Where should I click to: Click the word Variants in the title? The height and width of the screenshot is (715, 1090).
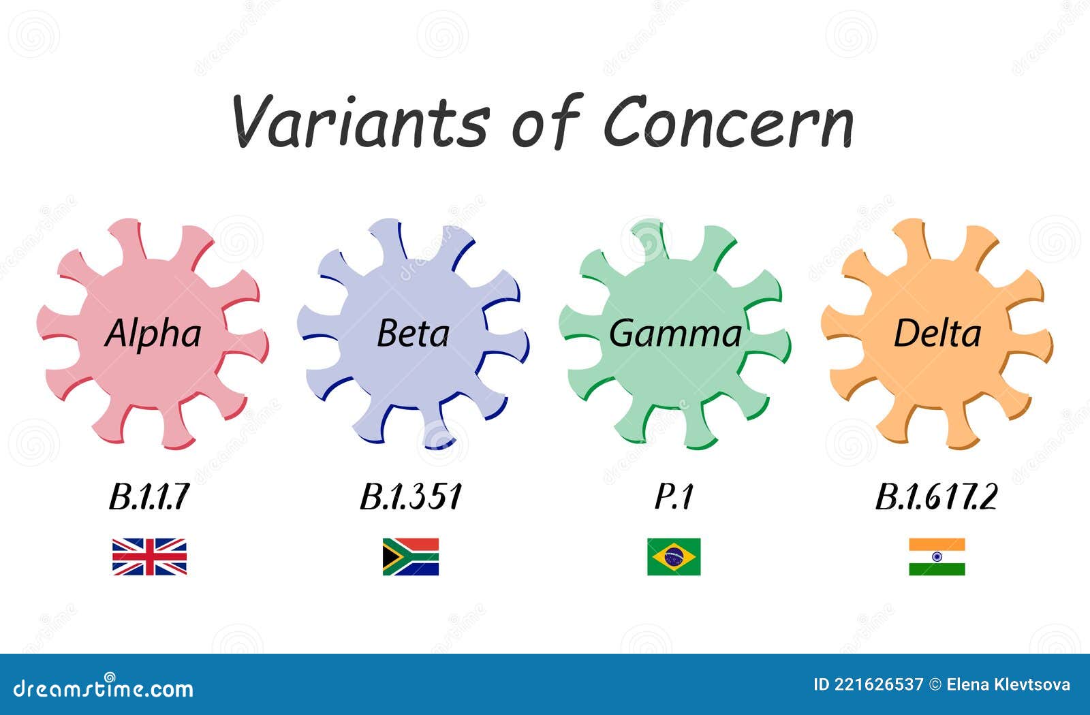[361, 121]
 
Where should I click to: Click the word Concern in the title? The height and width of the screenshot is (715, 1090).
[728, 121]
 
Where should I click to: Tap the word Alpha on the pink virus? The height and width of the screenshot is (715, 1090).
[153, 334]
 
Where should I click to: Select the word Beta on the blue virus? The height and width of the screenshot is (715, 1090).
[413, 334]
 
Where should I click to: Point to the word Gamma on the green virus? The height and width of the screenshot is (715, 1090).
[675, 334]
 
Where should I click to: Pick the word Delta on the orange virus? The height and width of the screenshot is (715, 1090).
[937, 334]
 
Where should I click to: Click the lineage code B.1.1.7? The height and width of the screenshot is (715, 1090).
[149, 496]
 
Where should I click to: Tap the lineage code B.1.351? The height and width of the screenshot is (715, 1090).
[411, 496]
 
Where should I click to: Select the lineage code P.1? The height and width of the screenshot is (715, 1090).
[674, 496]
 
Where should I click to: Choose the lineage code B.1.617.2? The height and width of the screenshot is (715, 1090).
[937, 496]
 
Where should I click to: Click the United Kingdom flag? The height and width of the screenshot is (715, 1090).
[149, 557]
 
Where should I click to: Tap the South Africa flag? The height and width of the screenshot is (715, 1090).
[411, 557]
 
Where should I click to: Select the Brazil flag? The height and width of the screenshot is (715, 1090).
[674, 557]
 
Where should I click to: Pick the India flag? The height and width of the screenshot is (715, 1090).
[937, 557]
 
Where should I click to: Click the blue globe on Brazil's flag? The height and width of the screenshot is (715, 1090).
[674, 557]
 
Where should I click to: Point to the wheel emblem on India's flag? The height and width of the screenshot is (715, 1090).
[937, 557]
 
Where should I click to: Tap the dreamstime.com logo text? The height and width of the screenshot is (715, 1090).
[103, 687]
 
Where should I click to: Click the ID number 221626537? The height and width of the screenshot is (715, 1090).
[878, 685]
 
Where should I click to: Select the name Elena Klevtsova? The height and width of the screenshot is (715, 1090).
[1008, 685]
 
